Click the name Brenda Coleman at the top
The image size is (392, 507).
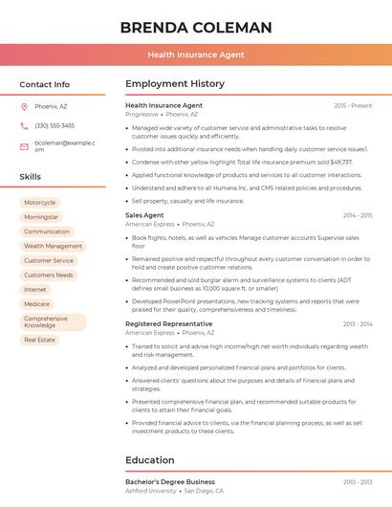point(196,27)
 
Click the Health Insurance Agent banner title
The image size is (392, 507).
point(196,55)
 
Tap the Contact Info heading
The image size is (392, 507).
point(45,84)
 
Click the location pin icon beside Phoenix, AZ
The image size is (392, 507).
point(24,106)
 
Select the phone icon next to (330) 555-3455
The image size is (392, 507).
point(24,125)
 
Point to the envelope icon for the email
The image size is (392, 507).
point(24,146)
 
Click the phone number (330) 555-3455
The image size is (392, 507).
point(54,125)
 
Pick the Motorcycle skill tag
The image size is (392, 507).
point(39,203)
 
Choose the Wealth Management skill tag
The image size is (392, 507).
point(53,246)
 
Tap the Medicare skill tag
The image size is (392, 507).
point(37,304)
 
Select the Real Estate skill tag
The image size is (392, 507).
point(40,340)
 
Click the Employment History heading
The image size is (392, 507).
point(175,84)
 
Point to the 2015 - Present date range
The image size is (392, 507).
point(353,105)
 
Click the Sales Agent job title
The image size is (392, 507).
point(144,215)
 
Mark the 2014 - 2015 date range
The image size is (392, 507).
point(357,215)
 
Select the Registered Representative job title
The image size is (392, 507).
point(169,323)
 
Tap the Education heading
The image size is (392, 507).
point(149,460)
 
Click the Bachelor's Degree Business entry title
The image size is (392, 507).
point(170,481)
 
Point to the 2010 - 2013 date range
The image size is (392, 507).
point(357,481)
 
